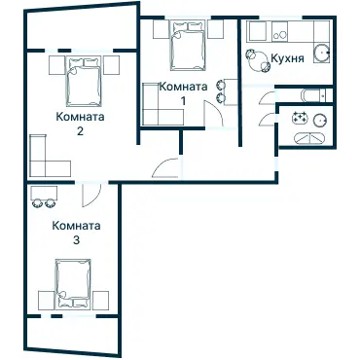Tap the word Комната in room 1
click(183, 87)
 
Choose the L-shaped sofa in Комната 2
click(44, 156)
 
